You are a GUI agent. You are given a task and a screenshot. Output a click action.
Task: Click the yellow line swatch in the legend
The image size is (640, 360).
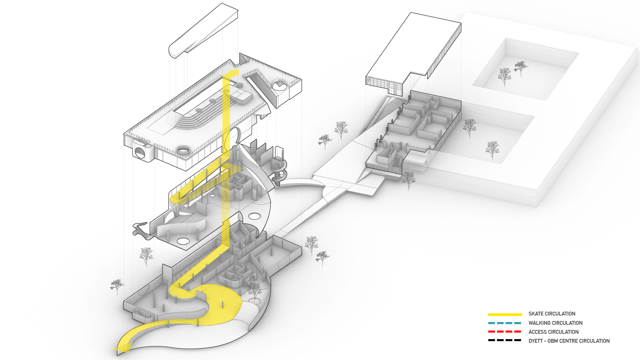[x=505, y=314]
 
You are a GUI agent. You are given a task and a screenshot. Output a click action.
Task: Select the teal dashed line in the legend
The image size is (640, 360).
[x=505, y=323]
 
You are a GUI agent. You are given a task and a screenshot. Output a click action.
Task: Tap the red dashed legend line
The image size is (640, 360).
[x=505, y=332]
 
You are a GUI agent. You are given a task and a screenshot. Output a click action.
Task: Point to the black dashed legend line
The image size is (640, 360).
[x=505, y=340]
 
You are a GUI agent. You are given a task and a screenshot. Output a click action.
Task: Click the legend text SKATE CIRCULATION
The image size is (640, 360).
[x=552, y=314]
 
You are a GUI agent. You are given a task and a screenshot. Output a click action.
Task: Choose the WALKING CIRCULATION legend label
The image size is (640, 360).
[x=555, y=323]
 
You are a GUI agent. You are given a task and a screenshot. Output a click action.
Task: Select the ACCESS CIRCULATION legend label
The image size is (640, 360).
[x=553, y=332]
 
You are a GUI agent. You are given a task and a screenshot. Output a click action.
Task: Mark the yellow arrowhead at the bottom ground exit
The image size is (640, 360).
[x=123, y=348]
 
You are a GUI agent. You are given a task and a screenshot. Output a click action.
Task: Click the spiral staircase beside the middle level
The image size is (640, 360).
[x=279, y=171]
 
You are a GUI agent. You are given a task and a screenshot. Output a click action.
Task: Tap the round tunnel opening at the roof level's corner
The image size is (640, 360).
[x=140, y=152]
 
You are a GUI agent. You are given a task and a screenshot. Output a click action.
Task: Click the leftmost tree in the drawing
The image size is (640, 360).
[x=117, y=286]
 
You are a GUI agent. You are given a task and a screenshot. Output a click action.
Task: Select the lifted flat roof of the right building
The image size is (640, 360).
[x=413, y=48]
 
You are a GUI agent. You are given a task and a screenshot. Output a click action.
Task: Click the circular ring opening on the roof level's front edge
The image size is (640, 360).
[x=183, y=149]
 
